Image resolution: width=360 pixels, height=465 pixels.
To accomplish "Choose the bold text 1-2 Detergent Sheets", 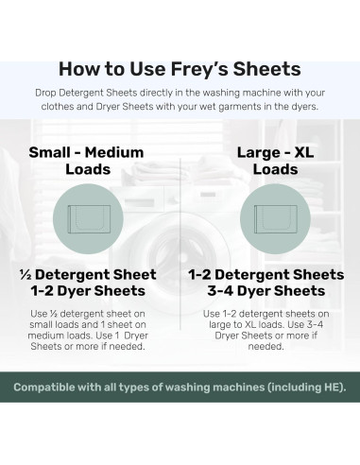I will pyautogui.click(x=270, y=275).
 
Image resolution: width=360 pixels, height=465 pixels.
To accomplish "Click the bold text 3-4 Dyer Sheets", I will pyautogui.click(x=270, y=291).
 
